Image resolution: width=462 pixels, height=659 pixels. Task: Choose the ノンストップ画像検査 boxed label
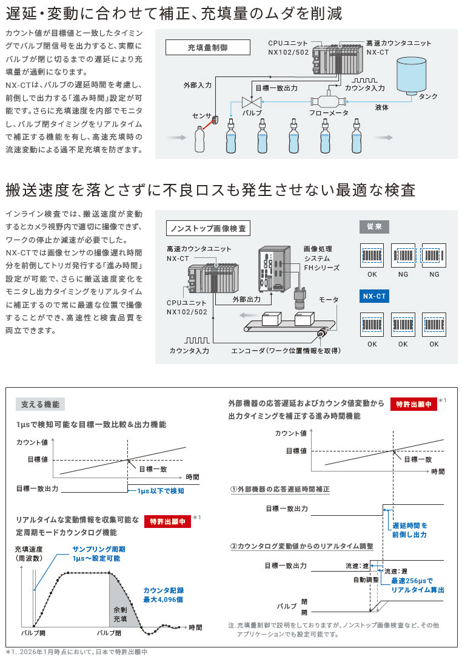pyautogui.click(x=208, y=228)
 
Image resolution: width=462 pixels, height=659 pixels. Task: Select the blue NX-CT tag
pyautogui.click(x=374, y=297)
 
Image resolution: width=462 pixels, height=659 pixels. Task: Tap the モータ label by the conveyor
pyautogui.click(x=328, y=300)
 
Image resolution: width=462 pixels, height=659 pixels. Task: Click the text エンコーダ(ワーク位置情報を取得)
pyautogui.click(x=286, y=351)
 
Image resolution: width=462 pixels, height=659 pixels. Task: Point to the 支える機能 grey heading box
pyautogui.click(x=40, y=404)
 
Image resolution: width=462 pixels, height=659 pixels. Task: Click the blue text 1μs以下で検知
pyautogui.click(x=160, y=491)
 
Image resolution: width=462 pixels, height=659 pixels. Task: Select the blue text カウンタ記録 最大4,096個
pyautogui.click(x=163, y=595)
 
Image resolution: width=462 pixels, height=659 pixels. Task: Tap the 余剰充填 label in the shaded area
pyautogui.click(x=120, y=614)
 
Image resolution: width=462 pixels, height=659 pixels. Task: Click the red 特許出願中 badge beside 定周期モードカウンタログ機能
pyautogui.click(x=167, y=521)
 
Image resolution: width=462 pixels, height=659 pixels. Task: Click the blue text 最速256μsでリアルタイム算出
pyautogui.click(x=418, y=585)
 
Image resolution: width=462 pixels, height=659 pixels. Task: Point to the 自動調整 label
pyautogui.click(x=366, y=580)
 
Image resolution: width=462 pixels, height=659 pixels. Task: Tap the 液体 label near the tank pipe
pyautogui.click(x=382, y=107)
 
